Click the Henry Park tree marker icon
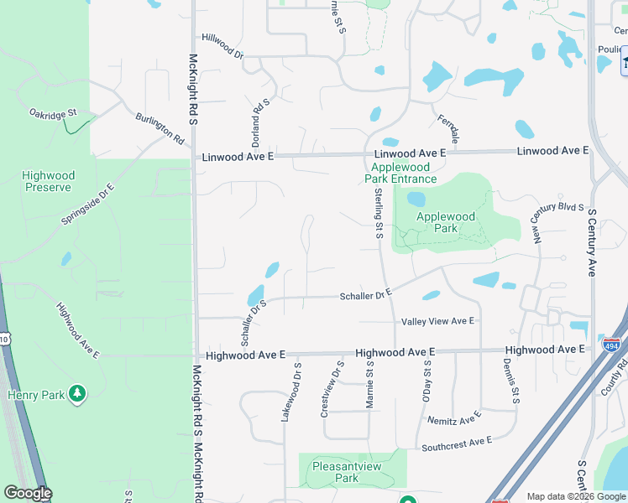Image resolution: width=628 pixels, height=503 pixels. click(77, 392)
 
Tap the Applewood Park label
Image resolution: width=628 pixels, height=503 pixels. click(446, 222)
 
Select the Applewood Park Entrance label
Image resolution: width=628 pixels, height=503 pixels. click(404, 173)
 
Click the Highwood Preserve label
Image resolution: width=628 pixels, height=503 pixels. click(48, 182)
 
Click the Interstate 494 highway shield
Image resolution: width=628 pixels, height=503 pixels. click(612, 343)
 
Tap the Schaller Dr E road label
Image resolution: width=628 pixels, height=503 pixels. click(366, 295)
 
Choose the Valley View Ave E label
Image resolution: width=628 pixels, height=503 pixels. click(438, 321)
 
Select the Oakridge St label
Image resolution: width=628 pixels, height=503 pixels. click(53, 112)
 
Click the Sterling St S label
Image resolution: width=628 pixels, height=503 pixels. click(379, 213)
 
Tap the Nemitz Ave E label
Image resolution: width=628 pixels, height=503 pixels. click(453, 417)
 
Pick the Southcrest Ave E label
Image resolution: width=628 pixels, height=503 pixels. click(457, 443)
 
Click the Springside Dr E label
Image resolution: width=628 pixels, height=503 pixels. click(87, 205)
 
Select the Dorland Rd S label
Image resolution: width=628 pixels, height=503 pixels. click(261, 123)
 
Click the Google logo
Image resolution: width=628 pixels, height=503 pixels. click(28, 493)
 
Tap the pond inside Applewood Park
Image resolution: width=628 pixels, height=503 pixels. click(416, 200)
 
